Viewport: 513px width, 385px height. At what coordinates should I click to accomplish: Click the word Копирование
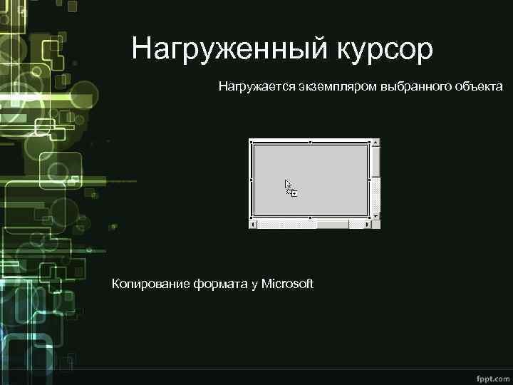[x=149, y=284]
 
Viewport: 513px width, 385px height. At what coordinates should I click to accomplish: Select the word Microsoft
[x=287, y=284]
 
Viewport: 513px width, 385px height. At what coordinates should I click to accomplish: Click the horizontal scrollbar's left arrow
[x=253, y=224]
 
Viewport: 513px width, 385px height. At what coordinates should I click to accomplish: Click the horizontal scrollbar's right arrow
[x=368, y=224]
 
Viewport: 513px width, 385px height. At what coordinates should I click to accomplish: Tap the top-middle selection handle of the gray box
[x=310, y=142]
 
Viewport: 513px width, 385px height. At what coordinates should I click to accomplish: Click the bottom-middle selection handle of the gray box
[x=310, y=217]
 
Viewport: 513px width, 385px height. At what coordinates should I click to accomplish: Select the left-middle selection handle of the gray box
[x=251, y=180]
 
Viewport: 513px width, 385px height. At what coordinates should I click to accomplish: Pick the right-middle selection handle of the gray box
[x=369, y=180]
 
